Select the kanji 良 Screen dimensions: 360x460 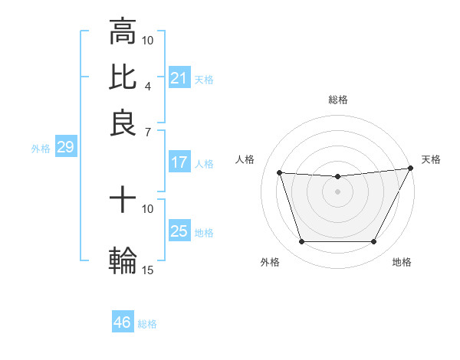tap(123, 122)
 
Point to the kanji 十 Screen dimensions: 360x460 tap(123, 201)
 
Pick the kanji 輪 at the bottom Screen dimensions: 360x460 tap(123, 259)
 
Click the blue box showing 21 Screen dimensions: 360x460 tap(179, 78)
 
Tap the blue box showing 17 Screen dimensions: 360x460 tap(179, 162)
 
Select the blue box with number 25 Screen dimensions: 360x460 tap(179, 231)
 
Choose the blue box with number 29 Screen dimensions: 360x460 tap(65, 148)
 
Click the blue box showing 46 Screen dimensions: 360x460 tap(123, 322)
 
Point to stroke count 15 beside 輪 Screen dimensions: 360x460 tap(148, 270)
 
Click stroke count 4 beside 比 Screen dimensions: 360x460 tap(148, 86)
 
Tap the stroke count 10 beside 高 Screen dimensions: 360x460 tap(148, 40)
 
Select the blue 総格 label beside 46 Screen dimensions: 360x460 tap(147, 324)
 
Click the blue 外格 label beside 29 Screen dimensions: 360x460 tap(40, 149)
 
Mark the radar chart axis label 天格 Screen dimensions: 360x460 tap(431, 159)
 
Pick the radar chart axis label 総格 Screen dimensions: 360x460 tap(338, 100)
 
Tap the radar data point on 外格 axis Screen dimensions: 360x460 tap(301, 242)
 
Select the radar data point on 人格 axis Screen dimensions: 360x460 tap(280, 173)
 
